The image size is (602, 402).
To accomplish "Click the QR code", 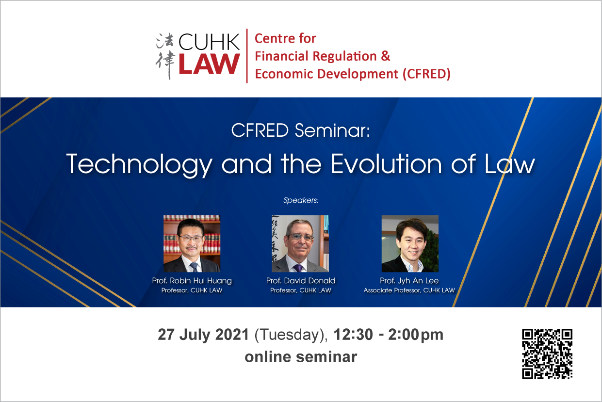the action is click(547, 354).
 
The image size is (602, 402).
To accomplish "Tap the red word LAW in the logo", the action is click(209, 64).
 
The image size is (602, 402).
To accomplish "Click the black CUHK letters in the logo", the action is click(209, 42).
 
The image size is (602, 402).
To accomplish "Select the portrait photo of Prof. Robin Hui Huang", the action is click(192, 243).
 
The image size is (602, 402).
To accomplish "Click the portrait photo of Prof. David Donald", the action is click(300, 243).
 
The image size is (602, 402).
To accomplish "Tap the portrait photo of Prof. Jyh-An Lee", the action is click(410, 243).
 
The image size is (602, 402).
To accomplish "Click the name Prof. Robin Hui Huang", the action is click(192, 281).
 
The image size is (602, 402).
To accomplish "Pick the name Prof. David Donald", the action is click(301, 281).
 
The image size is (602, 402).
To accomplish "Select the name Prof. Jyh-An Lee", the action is click(409, 281).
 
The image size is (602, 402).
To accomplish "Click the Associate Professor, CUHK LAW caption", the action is click(409, 290).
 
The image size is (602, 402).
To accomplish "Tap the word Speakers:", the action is click(301, 200).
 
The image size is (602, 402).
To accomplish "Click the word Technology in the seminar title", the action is click(139, 165).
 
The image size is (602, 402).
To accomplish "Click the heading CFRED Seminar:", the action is click(300, 130).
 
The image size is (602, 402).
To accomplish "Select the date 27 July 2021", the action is click(203, 335).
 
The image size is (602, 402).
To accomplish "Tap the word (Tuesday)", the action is click(291, 335).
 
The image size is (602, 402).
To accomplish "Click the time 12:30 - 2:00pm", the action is click(389, 335).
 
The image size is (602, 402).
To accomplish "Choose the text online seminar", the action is click(301, 357).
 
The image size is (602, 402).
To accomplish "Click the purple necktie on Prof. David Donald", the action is click(298, 268).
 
